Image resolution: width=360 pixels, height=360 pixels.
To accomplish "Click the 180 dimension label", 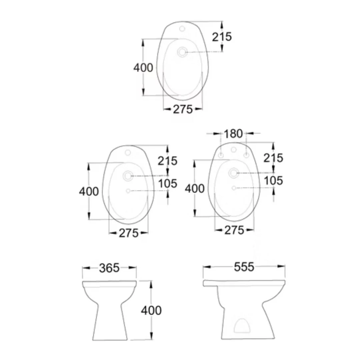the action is pyautogui.click(x=233, y=134).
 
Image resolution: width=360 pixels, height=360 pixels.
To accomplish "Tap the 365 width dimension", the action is pyautogui.click(x=109, y=268).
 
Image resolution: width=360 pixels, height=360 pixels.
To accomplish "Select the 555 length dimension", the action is pyautogui.click(x=244, y=267).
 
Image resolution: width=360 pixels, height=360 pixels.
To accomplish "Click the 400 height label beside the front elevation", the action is pyautogui.click(x=151, y=310).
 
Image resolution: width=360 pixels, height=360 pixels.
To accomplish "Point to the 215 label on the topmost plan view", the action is pyautogui.click(x=222, y=37).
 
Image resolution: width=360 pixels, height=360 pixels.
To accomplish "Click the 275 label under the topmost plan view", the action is pyautogui.click(x=183, y=109).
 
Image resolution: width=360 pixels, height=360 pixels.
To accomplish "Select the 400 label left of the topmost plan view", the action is pyautogui.click(x=143, y=68).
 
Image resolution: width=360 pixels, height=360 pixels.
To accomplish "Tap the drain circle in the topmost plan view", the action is pyautogui.click(x=182, y=52).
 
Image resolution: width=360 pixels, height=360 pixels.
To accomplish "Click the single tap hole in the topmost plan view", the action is pyautogui.click(x=182, y=29).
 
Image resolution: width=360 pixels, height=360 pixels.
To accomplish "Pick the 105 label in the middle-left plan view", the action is pyautogui.click(x=168, y=183).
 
